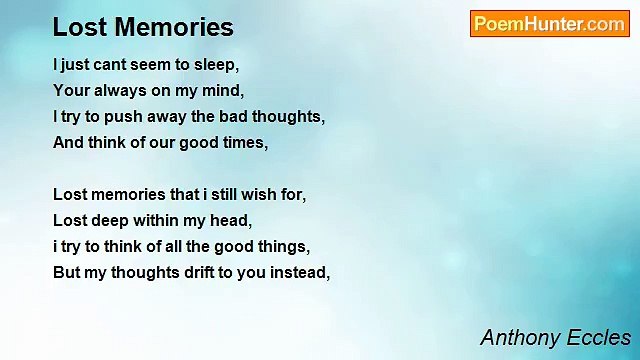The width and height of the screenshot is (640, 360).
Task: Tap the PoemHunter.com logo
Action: [549, 24]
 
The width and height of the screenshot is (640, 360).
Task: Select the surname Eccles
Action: [599, 337]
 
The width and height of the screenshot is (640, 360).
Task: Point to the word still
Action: [210, 195]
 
